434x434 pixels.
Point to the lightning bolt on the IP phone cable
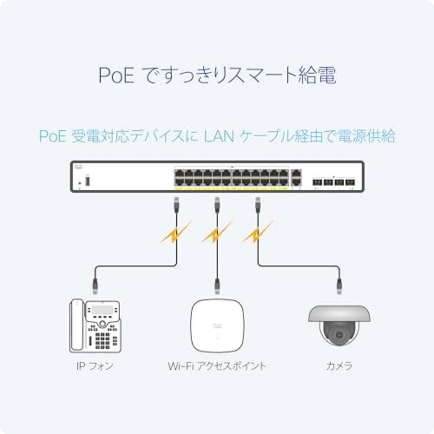tap(175, 233)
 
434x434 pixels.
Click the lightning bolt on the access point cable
tap(216, 233)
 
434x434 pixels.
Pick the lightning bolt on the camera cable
tap(257, 233)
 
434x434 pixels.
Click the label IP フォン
tap(94, 366)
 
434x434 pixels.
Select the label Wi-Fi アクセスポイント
tap(217, 366)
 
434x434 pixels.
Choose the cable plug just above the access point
tap(217, 285)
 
